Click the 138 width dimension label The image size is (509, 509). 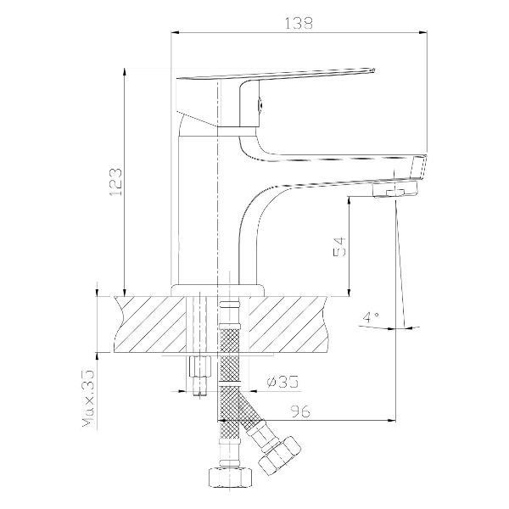(299, 24)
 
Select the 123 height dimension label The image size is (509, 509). (115, 182)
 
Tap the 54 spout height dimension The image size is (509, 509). (339, 247)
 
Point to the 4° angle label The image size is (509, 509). (371, 317)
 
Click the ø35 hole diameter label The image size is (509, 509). (282, 382)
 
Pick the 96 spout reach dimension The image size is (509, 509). (300, 411)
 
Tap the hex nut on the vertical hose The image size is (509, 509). (230, 477)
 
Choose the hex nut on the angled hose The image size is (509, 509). (279, 453)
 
